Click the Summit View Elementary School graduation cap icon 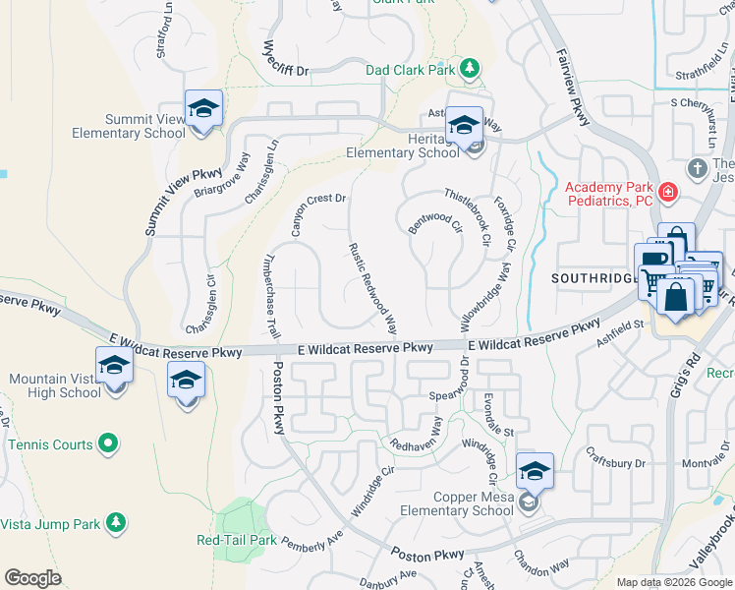coord(203,108)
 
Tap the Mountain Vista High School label coord(55,385)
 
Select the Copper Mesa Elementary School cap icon coord(534,471)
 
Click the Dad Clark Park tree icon coord(471,68)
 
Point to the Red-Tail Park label coord(237,540)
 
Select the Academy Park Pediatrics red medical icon coord(668,191)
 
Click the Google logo coord(32,578)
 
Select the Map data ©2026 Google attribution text coord(674,582)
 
